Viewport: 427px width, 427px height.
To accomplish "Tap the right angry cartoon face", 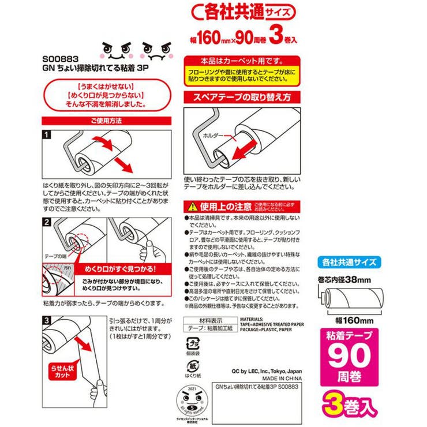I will pyautogui.click(x=155, y=52).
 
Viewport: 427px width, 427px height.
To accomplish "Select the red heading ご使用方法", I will pyautogui.click(x=107, y=121).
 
